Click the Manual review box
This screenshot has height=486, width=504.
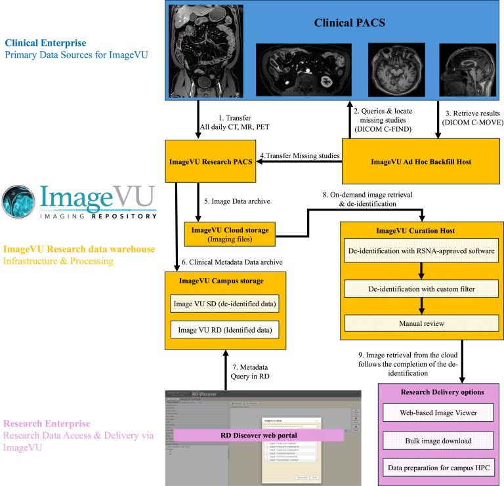point(422,323)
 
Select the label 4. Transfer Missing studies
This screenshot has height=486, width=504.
point(301,155)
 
